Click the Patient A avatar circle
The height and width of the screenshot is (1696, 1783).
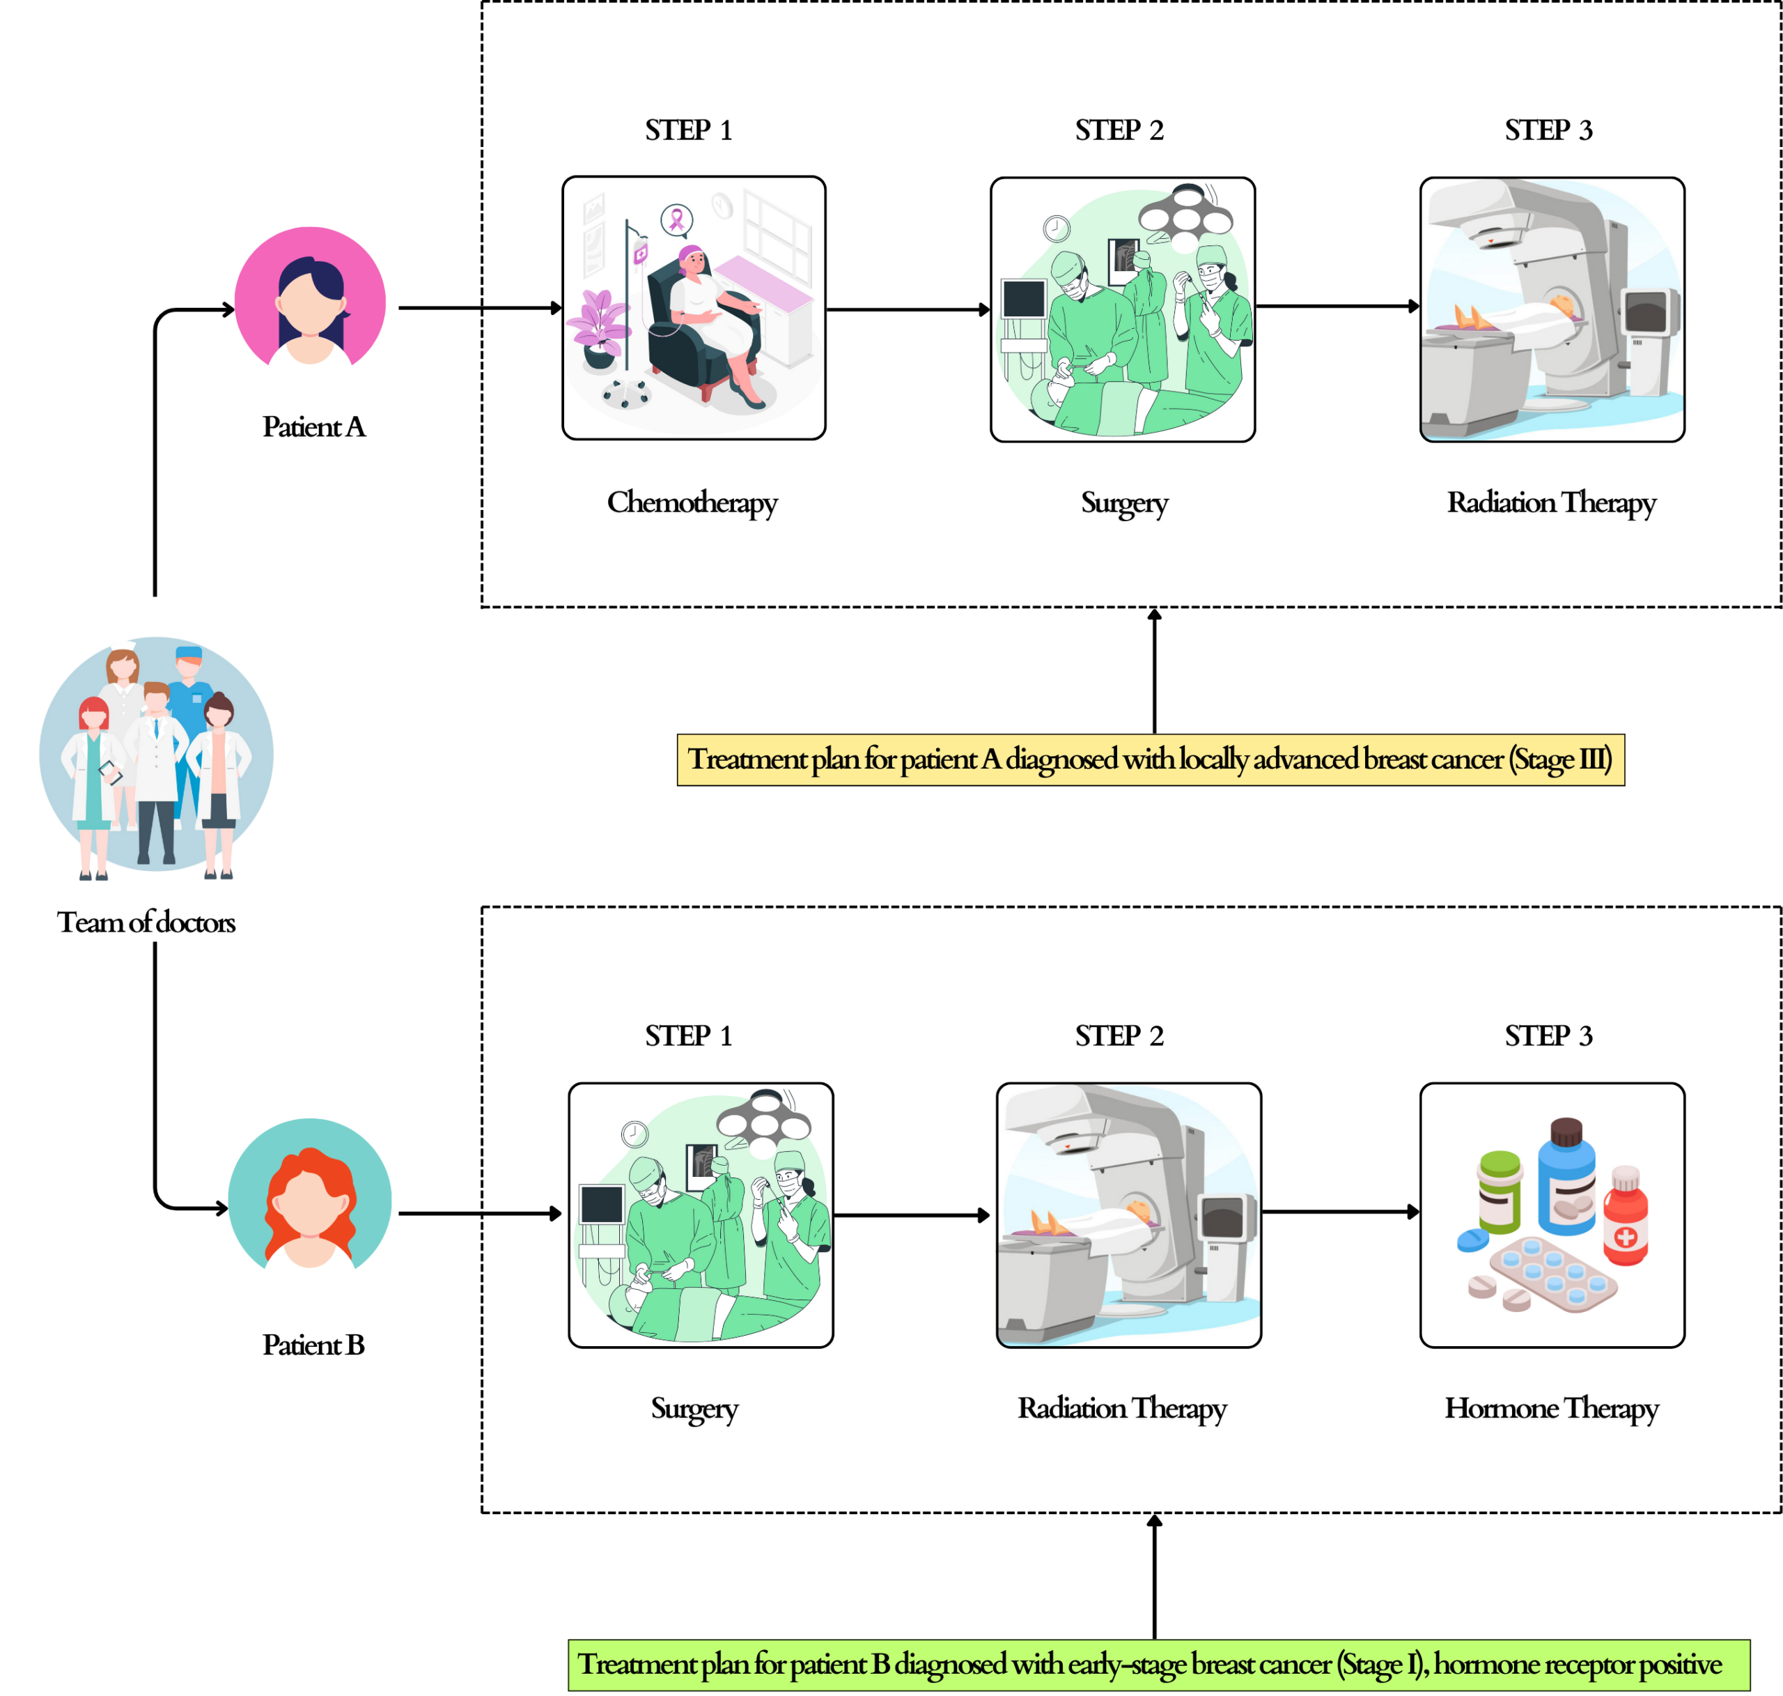tap(309, 297)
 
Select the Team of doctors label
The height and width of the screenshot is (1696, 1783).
tap(146, 922)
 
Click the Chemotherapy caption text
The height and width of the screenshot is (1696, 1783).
tap(692, 502)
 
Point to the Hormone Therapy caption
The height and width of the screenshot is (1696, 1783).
tap(1551, 1408)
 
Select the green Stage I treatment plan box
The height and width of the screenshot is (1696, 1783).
tap(1158, 1665)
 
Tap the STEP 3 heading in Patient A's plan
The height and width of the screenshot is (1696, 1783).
tap(1548, 130)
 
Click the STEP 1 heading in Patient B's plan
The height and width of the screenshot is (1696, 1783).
tap(689, 1036)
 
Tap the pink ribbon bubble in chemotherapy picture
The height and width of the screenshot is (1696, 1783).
tap(676, 219)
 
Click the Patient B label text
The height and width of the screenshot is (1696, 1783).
tap(313, 1346)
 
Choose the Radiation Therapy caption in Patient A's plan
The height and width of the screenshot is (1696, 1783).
tap(1551, 502)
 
